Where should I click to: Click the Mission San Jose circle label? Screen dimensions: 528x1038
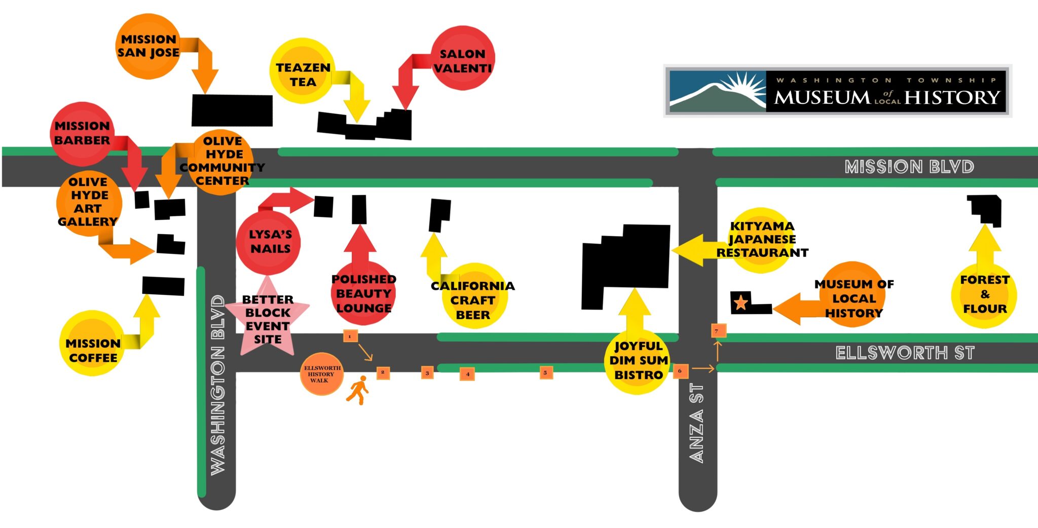[148, 46]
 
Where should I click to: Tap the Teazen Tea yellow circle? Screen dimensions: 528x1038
[303, 71]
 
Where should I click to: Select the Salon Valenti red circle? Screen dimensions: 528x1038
[462, 58]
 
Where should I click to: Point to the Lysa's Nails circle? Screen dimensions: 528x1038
[268, 242]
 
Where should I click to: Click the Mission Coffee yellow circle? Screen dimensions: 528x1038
[93, 344]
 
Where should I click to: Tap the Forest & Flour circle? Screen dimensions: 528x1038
[984, 295]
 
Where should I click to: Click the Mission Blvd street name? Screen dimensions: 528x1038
[909, 167]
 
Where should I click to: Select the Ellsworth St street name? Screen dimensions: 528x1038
[905, 353]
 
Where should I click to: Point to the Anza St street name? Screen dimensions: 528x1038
[697, 423]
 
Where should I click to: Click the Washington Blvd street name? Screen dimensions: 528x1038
[217, 385]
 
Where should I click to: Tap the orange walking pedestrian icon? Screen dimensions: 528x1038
[358, 390]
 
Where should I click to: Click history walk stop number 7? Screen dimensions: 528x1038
[718, 331]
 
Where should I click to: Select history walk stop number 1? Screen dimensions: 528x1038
[350, 336]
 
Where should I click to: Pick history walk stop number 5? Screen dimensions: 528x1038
[546, 372]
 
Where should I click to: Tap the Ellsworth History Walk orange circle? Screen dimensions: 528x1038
[321, 374]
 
